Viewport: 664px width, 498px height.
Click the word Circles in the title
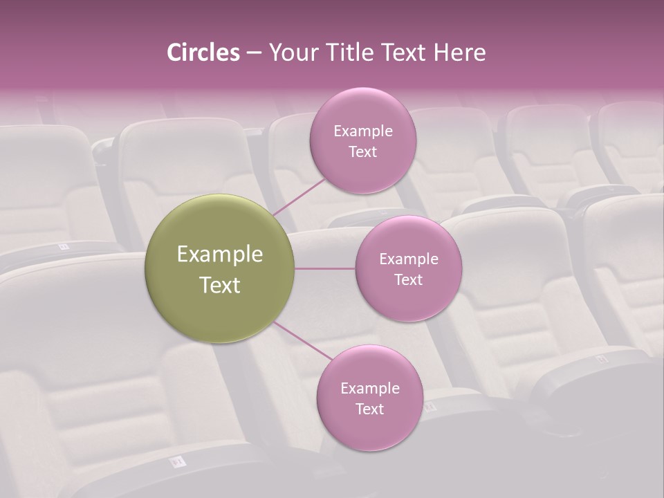(x=203, y=53)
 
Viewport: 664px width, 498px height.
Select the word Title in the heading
(x=351, y=53)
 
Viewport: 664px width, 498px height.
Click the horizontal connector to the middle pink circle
(x=325, y=268)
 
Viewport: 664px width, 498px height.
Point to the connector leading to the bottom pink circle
(x=303, y=340)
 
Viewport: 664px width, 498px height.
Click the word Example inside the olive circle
(x=220, y=255)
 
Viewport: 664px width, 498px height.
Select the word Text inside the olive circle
(x=220, y=285)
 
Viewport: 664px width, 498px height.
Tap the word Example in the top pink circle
(x=362, y=131)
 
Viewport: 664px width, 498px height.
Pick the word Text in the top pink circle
(x=362, y=152)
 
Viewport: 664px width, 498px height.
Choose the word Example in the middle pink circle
(x=408, y=259)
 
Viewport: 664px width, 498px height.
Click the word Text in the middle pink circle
(x=408, y=280)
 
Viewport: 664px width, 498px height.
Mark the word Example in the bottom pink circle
(x=369, y=389)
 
